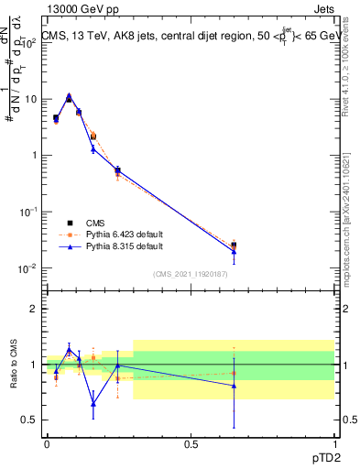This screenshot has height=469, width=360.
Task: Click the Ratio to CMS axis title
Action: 13,364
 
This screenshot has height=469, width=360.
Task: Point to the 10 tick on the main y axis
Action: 30,99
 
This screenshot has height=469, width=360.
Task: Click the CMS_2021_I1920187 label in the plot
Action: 190,274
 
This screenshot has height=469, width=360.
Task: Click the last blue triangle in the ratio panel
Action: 234,386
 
